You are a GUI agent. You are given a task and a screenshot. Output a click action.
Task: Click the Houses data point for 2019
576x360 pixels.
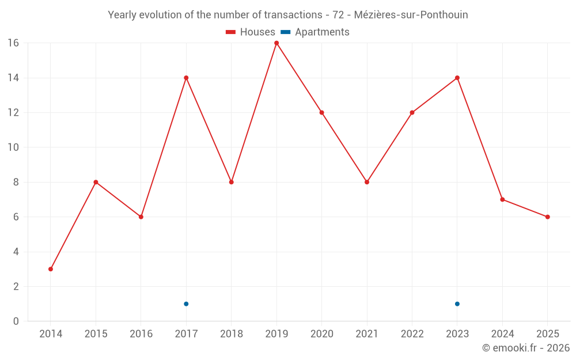(x=276, y=43)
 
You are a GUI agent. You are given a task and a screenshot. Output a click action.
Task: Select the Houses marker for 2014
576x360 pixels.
(x=51, y=269)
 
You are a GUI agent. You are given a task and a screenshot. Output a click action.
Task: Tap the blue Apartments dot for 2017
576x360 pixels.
(x=186, y=304)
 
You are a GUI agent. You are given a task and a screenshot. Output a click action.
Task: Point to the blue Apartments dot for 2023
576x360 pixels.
(x=457, y=304)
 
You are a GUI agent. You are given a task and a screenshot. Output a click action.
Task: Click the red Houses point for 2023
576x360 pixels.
(x=457, y=78)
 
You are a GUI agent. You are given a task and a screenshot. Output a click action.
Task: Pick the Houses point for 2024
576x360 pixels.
(x=502, y=199)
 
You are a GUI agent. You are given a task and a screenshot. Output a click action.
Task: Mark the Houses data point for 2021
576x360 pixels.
(x=367, y=182)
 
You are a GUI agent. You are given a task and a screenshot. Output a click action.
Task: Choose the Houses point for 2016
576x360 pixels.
(x=141, y=217)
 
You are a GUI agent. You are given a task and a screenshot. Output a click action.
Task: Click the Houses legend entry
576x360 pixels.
(x=251, y=32)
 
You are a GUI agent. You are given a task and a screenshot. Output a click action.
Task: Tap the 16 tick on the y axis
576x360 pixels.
(x=13, y=43)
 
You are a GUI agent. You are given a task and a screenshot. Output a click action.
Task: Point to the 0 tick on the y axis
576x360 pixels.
(x=16, y=321)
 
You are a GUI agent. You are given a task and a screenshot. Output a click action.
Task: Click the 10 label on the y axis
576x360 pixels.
(x=13, y=147)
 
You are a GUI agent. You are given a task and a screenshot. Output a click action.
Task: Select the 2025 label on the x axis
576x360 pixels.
(x=547, y=334)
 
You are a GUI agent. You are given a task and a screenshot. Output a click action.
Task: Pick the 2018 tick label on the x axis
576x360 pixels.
(x=232, y=334)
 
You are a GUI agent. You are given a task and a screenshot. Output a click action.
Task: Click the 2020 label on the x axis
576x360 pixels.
(x=321, y=334)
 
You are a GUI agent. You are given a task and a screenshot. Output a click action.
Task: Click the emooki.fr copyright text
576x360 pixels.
(x=526, y=348)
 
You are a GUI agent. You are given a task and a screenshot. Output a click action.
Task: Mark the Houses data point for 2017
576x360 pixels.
(x=186, y=78)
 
